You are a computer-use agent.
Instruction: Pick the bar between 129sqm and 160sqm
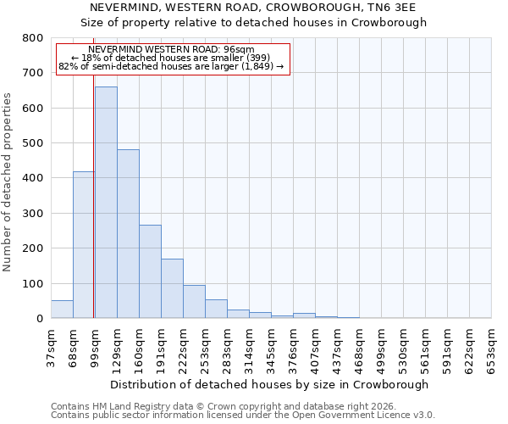[128, 233]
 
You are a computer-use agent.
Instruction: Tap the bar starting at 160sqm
[150, 271]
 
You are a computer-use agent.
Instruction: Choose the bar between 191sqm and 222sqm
[172, 288]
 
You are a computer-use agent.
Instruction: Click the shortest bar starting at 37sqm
[62, 310]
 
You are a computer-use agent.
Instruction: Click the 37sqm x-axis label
[51, 347]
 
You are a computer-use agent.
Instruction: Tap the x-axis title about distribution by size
[269, 384]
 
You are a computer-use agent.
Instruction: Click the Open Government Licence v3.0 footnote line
[243, 415]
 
